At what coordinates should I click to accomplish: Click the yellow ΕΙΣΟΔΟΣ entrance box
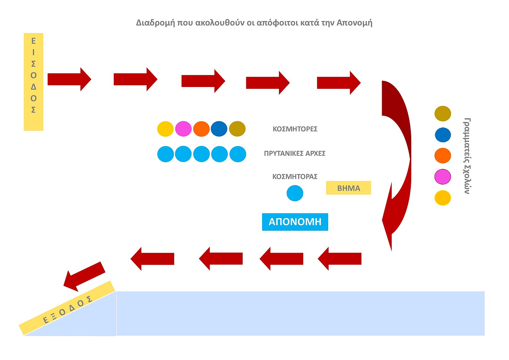coord(33,82)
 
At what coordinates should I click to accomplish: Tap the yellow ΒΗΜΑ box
coord(348,188)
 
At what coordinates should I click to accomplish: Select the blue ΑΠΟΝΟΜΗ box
coord(295,222)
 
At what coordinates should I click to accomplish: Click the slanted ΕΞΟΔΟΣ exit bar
coord(67,308)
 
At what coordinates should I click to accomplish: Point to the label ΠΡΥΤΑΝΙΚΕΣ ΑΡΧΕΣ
coord(295,153)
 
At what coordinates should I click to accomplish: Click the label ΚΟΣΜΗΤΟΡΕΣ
coord(295,129)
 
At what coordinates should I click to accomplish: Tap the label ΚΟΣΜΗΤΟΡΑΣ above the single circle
coord(295,177)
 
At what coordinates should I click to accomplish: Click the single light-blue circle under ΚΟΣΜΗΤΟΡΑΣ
coord(295,193)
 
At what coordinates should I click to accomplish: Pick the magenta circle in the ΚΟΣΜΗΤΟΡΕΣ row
coord(183,129)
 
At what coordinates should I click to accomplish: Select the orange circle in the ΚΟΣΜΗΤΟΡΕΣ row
coord(201,129)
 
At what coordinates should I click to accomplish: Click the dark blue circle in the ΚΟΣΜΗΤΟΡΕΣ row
coord(219,129)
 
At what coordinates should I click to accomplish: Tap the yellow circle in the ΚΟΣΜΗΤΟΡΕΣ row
coord(165,129)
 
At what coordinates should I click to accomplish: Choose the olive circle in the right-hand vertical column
coord(442,113)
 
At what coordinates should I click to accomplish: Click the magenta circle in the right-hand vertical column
coord(442,177)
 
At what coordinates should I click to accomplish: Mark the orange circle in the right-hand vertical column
coord(442,156)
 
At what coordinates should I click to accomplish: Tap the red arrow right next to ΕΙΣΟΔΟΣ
coord(69,79)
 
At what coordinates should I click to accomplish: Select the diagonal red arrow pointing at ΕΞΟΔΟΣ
coord(84,276)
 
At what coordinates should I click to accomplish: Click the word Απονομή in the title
coord(354,23)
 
